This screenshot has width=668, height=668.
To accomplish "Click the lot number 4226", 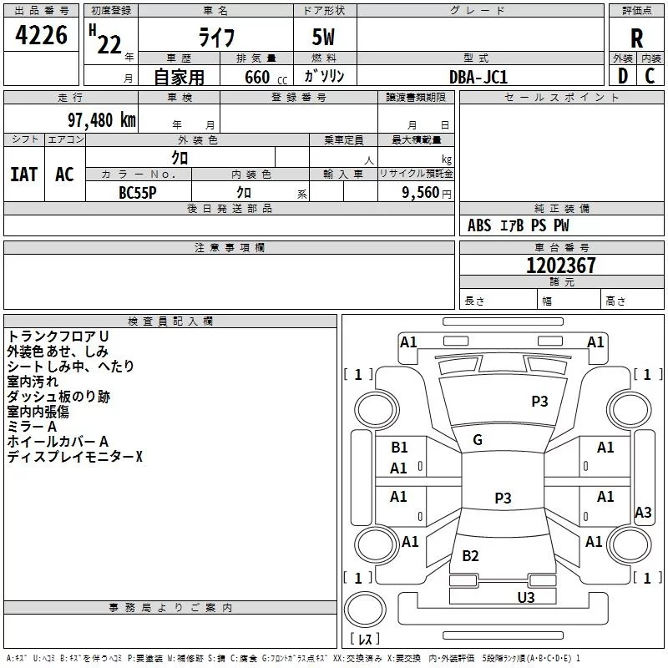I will [42, 36].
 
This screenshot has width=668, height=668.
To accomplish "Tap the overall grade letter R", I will [636, 38].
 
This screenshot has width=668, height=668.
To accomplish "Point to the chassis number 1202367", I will [561, 266].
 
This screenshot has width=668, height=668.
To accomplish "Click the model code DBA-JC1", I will [478, 77].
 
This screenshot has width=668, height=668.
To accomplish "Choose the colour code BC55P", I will [137, 191].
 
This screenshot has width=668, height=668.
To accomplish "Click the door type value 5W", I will [325, 39].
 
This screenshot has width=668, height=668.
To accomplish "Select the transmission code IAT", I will [23, 174].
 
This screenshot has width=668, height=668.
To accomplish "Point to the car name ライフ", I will [216, 39].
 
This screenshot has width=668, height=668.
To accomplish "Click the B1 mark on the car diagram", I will [399, 448].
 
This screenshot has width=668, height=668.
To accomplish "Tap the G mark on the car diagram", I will [478, 440].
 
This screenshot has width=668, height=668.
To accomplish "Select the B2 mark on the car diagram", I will [470, 556].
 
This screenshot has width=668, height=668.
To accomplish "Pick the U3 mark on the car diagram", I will [525, 597].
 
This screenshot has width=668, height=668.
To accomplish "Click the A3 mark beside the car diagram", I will [643, 513].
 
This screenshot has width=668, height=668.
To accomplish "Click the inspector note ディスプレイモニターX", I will [75, 457].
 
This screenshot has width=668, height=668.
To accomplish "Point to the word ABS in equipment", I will [479, 225].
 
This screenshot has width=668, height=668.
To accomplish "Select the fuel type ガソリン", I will [325, 77].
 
